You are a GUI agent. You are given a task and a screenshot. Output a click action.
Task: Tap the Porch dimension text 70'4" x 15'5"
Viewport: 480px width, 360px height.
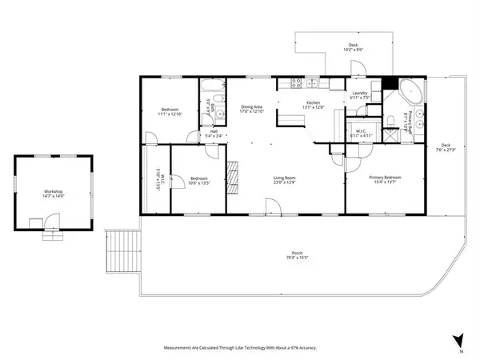(x=296, y=258)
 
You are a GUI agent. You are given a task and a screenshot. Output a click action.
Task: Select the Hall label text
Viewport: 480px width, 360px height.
(x=214, y=131)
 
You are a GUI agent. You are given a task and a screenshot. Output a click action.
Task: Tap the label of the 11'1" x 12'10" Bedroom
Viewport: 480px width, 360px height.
(x=169, y=110)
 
